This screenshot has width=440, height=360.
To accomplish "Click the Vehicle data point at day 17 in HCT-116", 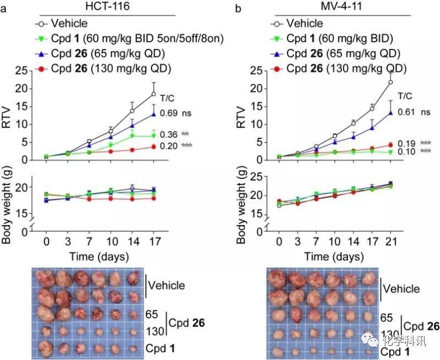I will click(x=154, y=94).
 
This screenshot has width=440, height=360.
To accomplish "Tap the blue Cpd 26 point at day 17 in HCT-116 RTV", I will click(x=154, y=114).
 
